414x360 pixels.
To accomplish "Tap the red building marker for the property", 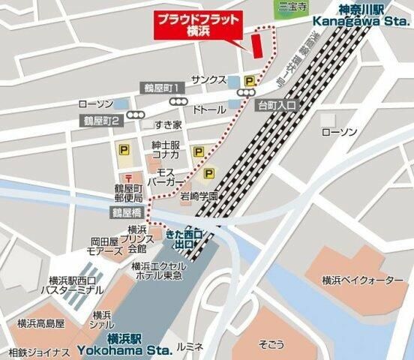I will (256, 44).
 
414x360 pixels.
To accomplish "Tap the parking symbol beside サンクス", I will (248, 79).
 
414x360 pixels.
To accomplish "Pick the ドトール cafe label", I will (209, 109).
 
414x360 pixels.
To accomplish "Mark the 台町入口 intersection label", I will (277, 104).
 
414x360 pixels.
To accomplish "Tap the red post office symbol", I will (133, 178).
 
